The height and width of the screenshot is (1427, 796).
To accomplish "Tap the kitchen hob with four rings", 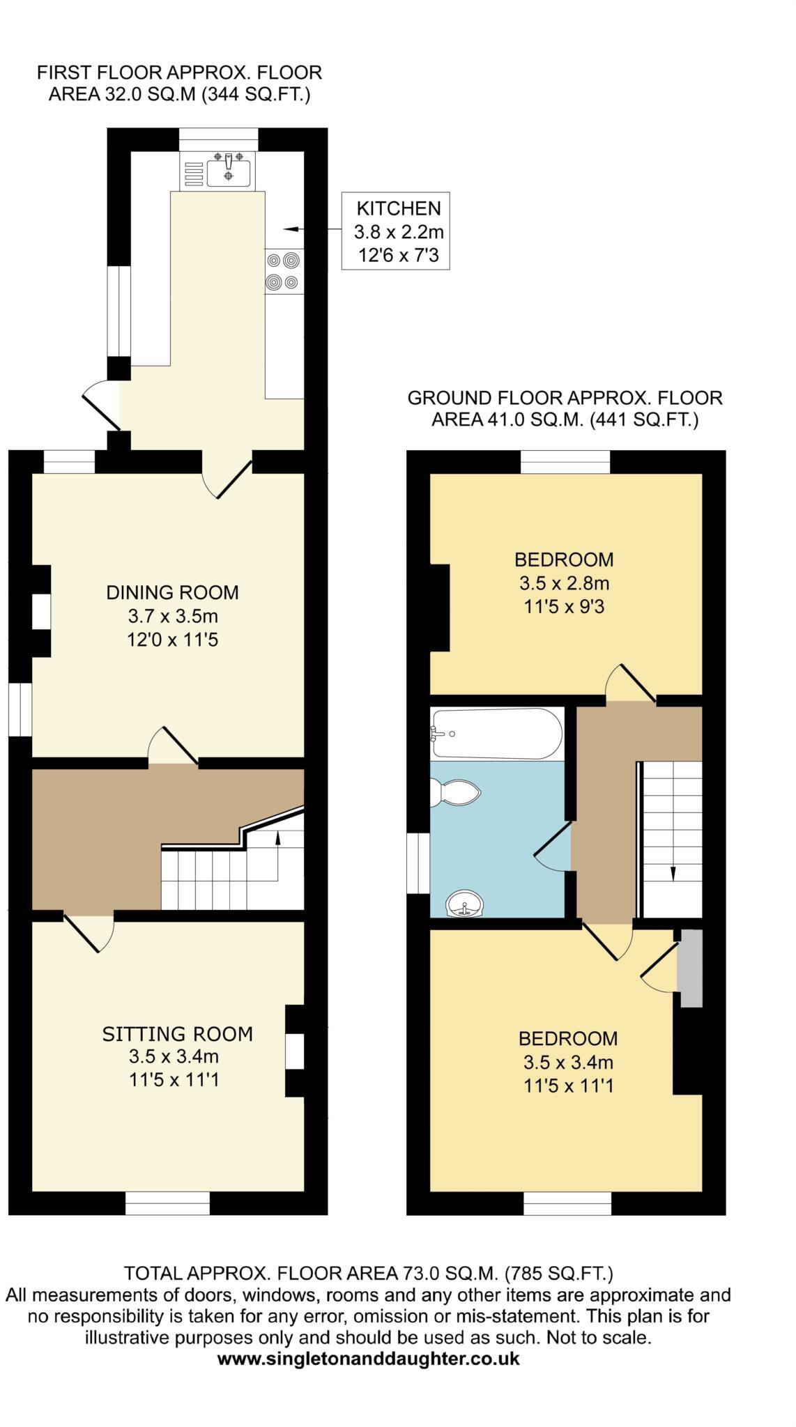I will click(284, 271).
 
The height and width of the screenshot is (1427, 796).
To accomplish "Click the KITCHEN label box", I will click(395, 231).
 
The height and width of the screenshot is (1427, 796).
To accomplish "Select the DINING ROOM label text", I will click(172, 592).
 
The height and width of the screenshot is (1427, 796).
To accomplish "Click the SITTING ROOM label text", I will click(177, 1034).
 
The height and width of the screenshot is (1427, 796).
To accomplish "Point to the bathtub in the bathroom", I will click(496, 734).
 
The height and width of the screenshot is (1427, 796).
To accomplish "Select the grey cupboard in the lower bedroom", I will click(691, 968).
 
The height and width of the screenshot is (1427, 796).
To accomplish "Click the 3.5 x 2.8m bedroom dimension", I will click(564, 583).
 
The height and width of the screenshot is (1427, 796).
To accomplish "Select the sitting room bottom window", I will click(167, 1203).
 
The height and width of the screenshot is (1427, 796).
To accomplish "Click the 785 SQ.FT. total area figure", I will click(560, 1274).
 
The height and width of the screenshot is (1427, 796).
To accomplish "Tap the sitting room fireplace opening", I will click(296, 1050).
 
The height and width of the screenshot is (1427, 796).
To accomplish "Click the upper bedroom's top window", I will click(565, 461).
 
